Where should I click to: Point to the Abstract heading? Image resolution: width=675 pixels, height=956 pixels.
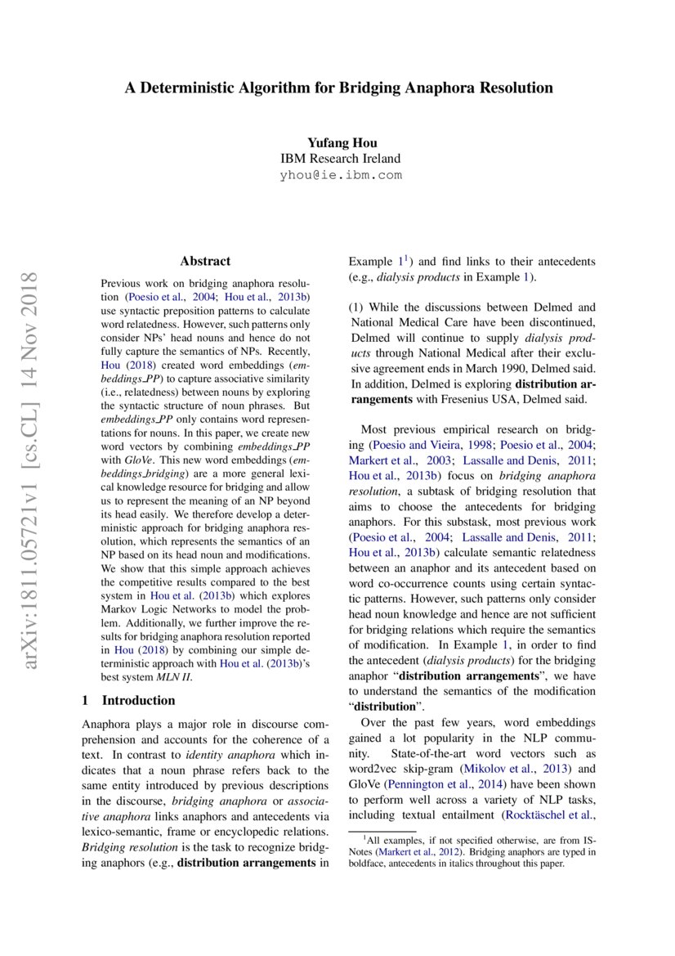205,261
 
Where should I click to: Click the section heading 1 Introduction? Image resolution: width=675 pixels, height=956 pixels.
129,700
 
